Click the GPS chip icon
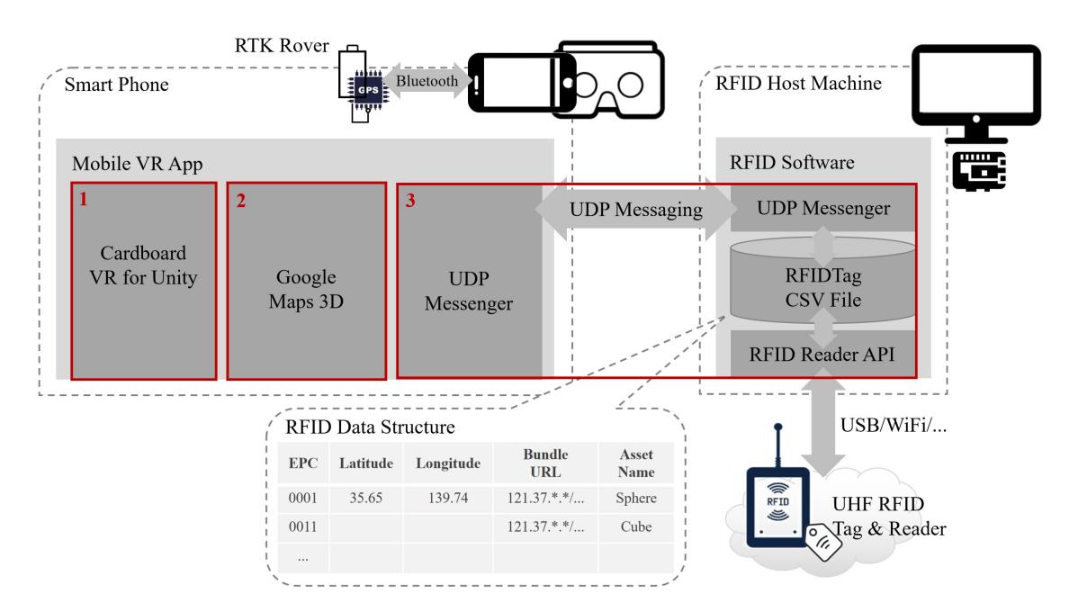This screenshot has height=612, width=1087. pos(368,90)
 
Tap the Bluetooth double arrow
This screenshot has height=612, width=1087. pos(427,81)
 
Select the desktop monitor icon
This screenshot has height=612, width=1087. pos(976,94)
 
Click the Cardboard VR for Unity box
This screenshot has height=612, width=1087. pos(144,281)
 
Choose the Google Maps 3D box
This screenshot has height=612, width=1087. pos(307,281)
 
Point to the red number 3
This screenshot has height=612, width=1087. pos(410,201)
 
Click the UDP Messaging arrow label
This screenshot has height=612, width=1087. pos(635,210)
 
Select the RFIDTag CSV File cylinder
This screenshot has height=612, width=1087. pos(823,281)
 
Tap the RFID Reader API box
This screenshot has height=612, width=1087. pos(823,354)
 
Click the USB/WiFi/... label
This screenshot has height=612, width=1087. pos(894,425)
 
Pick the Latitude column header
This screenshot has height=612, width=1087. pos(366,463)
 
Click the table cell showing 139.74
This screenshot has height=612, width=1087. pos(448,498)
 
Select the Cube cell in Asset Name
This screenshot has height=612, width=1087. pos(635,526)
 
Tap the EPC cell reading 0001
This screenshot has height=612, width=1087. pos(302,498)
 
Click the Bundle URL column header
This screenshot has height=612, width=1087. pos(545,463)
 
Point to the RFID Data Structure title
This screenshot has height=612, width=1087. pos(370,427)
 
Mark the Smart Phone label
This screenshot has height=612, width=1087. pos(116,85)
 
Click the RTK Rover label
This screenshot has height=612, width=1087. pos(282,46)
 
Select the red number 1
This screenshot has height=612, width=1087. pos(84,199)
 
